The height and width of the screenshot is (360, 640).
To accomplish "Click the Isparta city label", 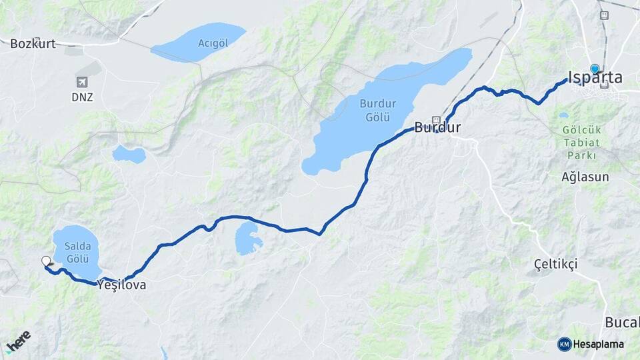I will point(595,78).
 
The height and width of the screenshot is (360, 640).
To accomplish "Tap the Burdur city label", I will point(437,127).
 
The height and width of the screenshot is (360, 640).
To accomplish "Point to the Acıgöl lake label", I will point(213,43).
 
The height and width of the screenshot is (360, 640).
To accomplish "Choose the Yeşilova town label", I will point(121,285).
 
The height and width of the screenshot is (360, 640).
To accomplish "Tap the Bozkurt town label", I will point(33,44).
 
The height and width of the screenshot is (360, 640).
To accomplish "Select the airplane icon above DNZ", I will point(83,83).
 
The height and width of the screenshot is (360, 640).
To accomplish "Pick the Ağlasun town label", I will point(585,177).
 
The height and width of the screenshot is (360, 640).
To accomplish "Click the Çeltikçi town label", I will point(556,264).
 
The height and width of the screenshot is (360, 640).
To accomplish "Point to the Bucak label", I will point(622,323).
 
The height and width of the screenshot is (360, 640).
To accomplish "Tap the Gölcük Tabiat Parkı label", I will point(583,143).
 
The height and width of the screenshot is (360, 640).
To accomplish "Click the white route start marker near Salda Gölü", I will point(46,261).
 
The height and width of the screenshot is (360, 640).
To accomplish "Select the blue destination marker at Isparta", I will point(595,68).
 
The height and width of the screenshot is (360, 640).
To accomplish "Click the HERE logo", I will point(18,341).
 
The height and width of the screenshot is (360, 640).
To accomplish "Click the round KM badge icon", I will point(565,344).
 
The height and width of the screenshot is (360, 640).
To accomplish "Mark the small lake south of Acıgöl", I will point(129,155).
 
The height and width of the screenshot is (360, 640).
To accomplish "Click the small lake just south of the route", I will point(248,238).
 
